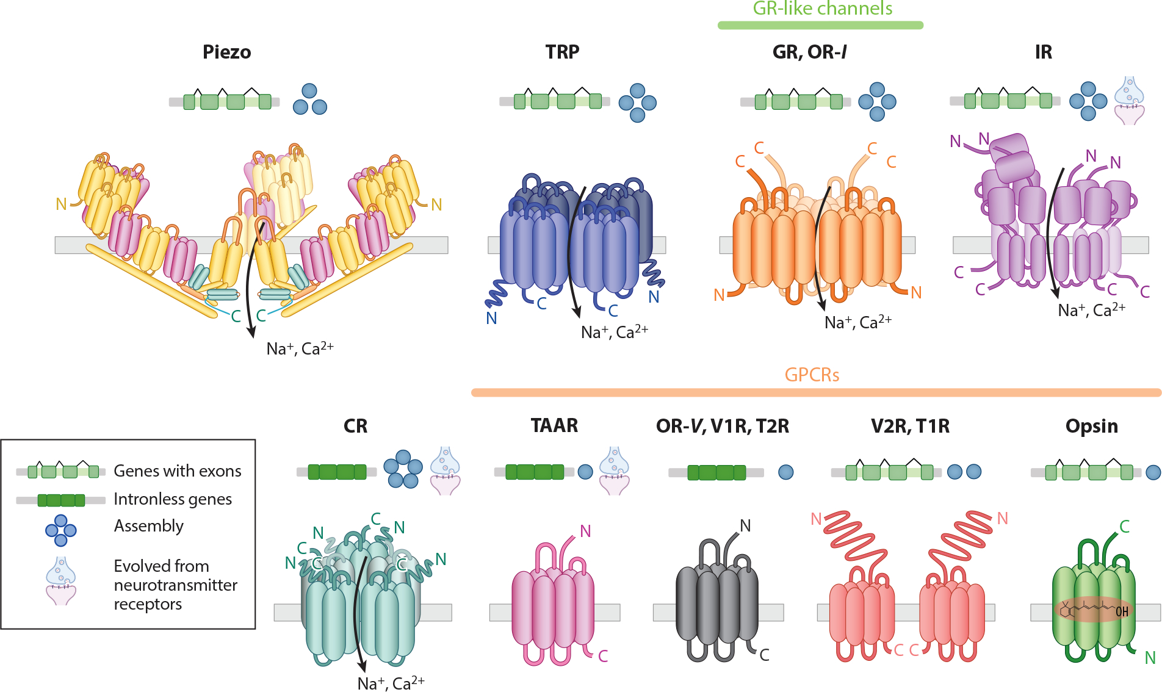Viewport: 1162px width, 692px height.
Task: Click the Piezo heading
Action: click(x=226, y=52)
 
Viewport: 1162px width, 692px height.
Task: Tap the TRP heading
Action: click(x=562, y=52)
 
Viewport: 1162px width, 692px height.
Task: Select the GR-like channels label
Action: click(x=822, y=9)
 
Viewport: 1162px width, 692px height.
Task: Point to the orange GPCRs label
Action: click(x=812, y=375)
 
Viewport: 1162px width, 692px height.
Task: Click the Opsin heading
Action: click(x=1091, y=426)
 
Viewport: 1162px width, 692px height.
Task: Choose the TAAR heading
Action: click(x=554, y=425)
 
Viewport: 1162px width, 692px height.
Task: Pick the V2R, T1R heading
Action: click(x=910, y=426)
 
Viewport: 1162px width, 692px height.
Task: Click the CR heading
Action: click(x=355, y=426)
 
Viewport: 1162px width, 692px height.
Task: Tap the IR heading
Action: click(x=1043, y=52)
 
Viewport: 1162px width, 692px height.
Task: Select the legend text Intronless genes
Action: click(x=173, y=499)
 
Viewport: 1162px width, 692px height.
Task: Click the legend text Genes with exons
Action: click(x=178, y=471)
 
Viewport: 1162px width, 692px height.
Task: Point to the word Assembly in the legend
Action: click(x=149, y=526)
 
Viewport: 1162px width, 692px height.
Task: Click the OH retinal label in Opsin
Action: click(x=1122, y=611)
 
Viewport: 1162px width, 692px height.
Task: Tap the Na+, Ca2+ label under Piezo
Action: click(x=300, y=348)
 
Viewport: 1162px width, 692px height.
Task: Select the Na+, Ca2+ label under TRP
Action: click(x=614, y=332)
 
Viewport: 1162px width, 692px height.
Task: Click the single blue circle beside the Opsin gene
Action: click(x=1153, y=472)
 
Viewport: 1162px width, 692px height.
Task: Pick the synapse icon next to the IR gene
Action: click(x=1129, y=101)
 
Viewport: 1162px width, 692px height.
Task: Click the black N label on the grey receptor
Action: click(x=745, y=525)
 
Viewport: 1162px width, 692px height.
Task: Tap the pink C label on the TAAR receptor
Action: click(x=603, y=656)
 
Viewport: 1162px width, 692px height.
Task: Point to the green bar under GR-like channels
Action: click(x=820, y=26)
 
